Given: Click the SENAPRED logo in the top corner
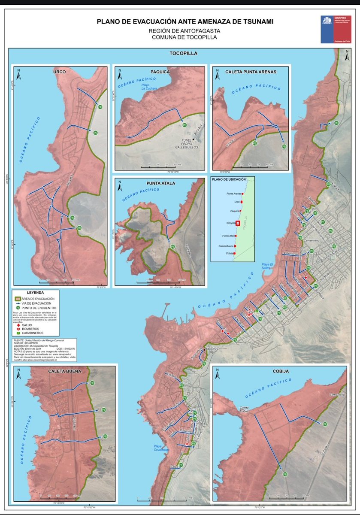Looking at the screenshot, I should pos(336,29).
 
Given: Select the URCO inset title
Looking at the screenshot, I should pos(60,72).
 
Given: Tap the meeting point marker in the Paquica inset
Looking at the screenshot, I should pos(185,125).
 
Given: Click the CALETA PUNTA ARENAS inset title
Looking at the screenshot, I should pos(251,72).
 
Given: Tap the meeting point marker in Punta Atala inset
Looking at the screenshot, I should pos(173,247).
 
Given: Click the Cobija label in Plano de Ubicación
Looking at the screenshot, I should pos(230,254).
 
